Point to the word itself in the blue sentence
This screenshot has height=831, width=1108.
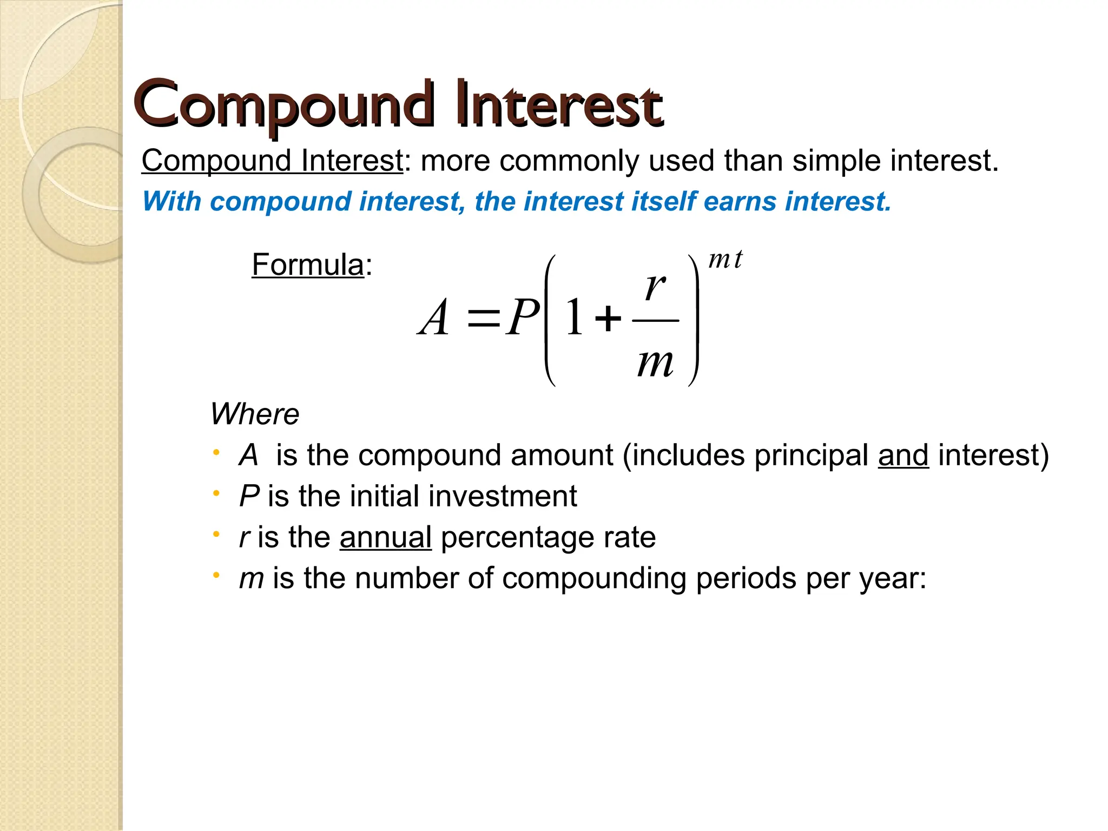(663, 201)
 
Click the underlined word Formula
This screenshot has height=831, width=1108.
(307, 265)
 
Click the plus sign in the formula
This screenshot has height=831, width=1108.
(608, 318)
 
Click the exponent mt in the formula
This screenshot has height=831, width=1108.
(726, 260)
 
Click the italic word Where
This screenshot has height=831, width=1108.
(254, 414)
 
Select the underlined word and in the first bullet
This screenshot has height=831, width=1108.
(903, 455)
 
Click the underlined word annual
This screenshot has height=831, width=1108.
(385, 537)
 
